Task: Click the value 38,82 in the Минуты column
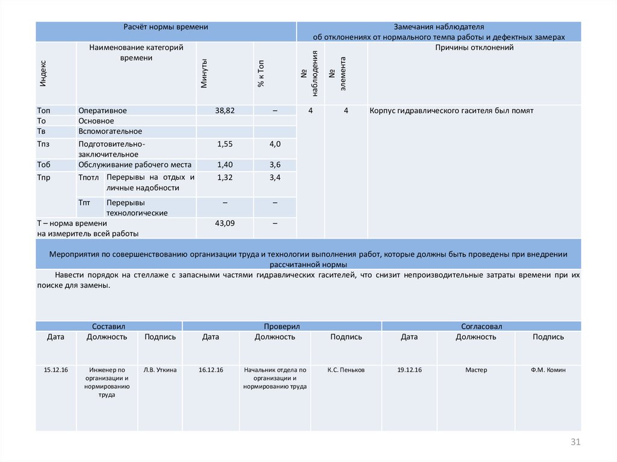click(225, 111)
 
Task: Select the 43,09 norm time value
click(225, 223)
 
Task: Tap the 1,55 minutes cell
click(225, 144)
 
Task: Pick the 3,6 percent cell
click(275, 164)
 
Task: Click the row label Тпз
click(43, 144)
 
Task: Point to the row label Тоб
click(43, 164)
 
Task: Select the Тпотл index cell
click(88, 177)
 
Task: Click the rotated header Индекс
click(43, 73)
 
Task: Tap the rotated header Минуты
click(204, 73)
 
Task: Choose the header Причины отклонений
click(474, 48)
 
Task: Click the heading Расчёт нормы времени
click(166, 27)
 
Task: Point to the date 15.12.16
click(56, 370)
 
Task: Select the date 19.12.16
click(409, 370)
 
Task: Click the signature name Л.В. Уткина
click(160, 370)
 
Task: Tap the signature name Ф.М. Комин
click(548, 370)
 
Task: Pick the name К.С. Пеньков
click(346, 370)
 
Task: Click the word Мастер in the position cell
click(476, 370)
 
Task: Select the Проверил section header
click(281, 326)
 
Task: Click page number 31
click(575, 443)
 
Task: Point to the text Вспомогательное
click(110, 131)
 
